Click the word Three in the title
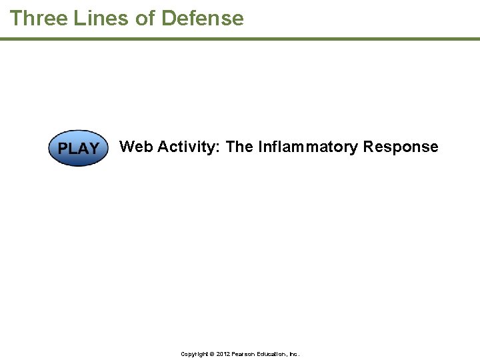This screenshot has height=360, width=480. [38, 18]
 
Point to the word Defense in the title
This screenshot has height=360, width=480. [203, 18]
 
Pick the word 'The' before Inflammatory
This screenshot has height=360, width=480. [240, 147]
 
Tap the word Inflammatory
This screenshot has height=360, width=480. [308, 147]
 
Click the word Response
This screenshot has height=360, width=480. [401, 147]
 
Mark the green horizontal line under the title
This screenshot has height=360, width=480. [240, 39]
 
